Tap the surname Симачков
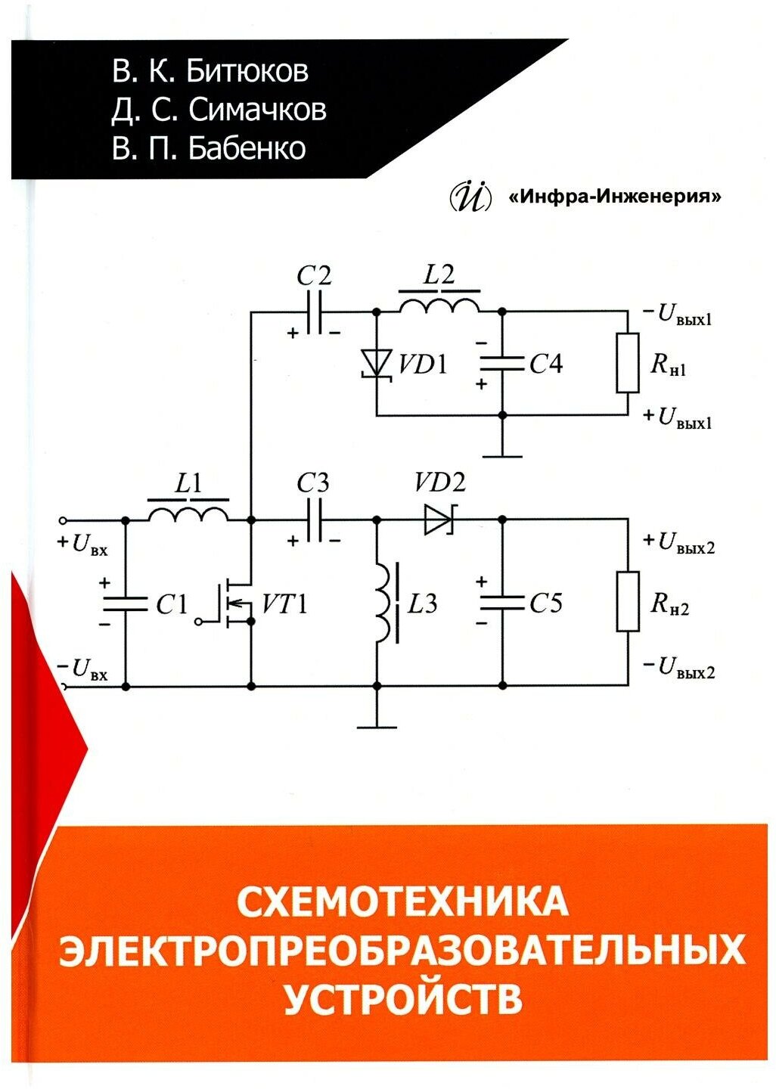click(x=257, y=110)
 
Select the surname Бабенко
click(x=247, y=148)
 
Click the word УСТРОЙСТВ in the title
click(x=403, y=997)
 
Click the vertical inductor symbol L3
click(x=384, y=603)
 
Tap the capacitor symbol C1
click(x=125, y=603)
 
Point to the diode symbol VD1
click(x=376, y=362)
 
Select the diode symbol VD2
click(x=439, y=520)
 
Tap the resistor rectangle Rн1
click(x=628, y=363)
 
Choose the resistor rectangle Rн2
click(x=628, y=602)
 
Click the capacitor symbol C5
click(x=502, y=603)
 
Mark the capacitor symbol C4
click(x=502, y=363)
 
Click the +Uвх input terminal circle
click(x=64, y=520)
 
